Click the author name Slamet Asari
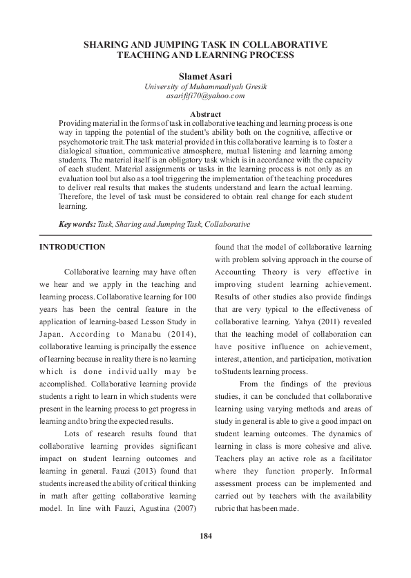tap(205, 75)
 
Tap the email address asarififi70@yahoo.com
tap(205, 96)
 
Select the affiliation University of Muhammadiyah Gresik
tap(205, 86)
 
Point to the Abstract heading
tap(205, 114)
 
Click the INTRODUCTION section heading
tap(73, 247)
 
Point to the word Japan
tap(53, 335)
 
